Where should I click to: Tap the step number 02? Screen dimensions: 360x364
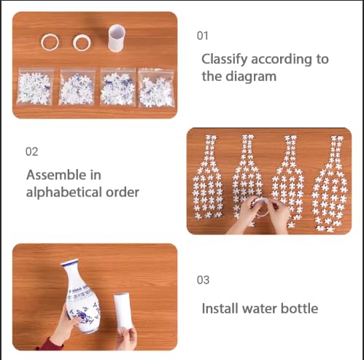(x=32, y=152)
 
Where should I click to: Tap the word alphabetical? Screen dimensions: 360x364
(x=61, y=192)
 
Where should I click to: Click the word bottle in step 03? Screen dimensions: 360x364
(x=300, y=308)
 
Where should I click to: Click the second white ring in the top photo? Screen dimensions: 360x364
(x=81, y=42)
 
